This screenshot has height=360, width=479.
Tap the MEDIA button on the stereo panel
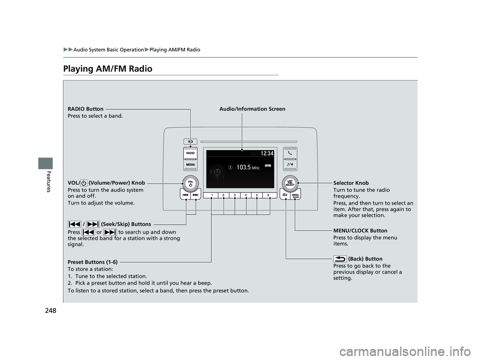tap(191, 164)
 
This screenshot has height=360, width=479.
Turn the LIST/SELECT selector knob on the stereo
tap(290, 181)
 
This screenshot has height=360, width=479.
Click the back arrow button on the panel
tap(284, 196)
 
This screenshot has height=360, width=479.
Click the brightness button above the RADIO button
tap(191, 141)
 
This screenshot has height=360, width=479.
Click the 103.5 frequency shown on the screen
tap(244, 167)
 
